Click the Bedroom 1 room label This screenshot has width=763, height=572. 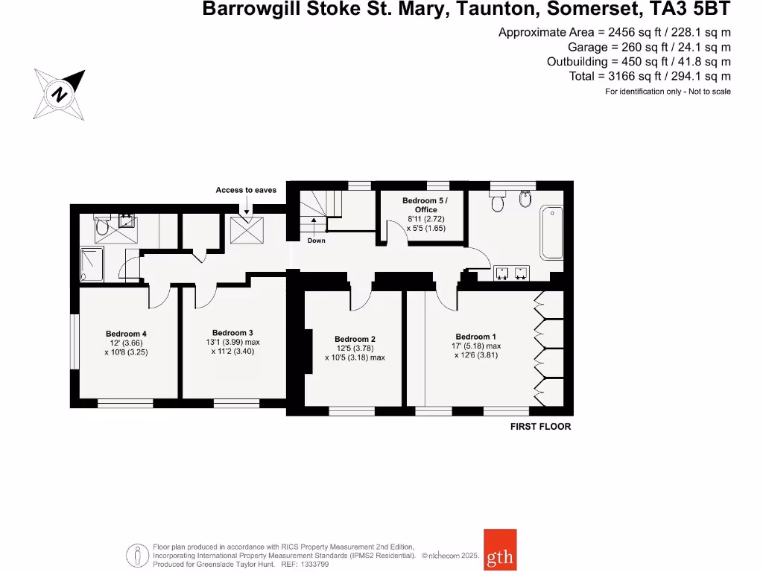click(473, 337)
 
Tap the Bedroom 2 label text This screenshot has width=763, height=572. click(355, 339)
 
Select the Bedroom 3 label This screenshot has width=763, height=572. click(233, 333)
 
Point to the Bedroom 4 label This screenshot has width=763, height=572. click(126, 334)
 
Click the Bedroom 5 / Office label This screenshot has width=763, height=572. click(425, 205)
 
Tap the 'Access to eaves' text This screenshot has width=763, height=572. click(246, 190)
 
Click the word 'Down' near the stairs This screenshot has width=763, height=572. click(316, 241)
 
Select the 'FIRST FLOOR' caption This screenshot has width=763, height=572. click(540, 427)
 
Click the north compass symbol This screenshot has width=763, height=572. click(59, 94)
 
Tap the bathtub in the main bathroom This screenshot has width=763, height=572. click(551, 232)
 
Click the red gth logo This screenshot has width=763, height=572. click(499, 550)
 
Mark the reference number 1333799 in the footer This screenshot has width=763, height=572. click(312, 565)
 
